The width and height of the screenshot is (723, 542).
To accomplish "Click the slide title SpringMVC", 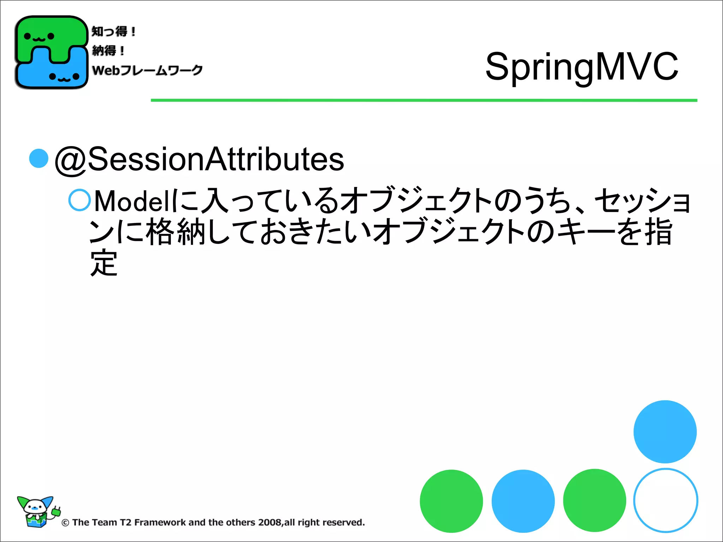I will [581, 66].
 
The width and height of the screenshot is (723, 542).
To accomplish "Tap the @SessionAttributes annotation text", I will [199, 159].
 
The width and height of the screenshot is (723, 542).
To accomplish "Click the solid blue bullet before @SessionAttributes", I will [38, 158].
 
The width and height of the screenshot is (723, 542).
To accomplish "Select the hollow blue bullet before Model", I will [79, 200].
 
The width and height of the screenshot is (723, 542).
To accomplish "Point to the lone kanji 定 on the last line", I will [103, 263].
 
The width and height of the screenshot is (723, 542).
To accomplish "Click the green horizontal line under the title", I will [424, 100].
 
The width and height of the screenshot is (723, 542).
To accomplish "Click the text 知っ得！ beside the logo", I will [113, 31].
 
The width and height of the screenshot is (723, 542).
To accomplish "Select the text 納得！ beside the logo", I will [108, 50].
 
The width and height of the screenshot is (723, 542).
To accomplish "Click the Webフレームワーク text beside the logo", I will [147, 70].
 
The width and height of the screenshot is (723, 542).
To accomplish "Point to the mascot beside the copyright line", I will [37, 512].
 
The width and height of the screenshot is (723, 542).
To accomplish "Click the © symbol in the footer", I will [65, 523].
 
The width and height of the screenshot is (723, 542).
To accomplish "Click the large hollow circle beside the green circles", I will [665, 500].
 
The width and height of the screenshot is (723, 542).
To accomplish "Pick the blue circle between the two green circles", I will [523, 501].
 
